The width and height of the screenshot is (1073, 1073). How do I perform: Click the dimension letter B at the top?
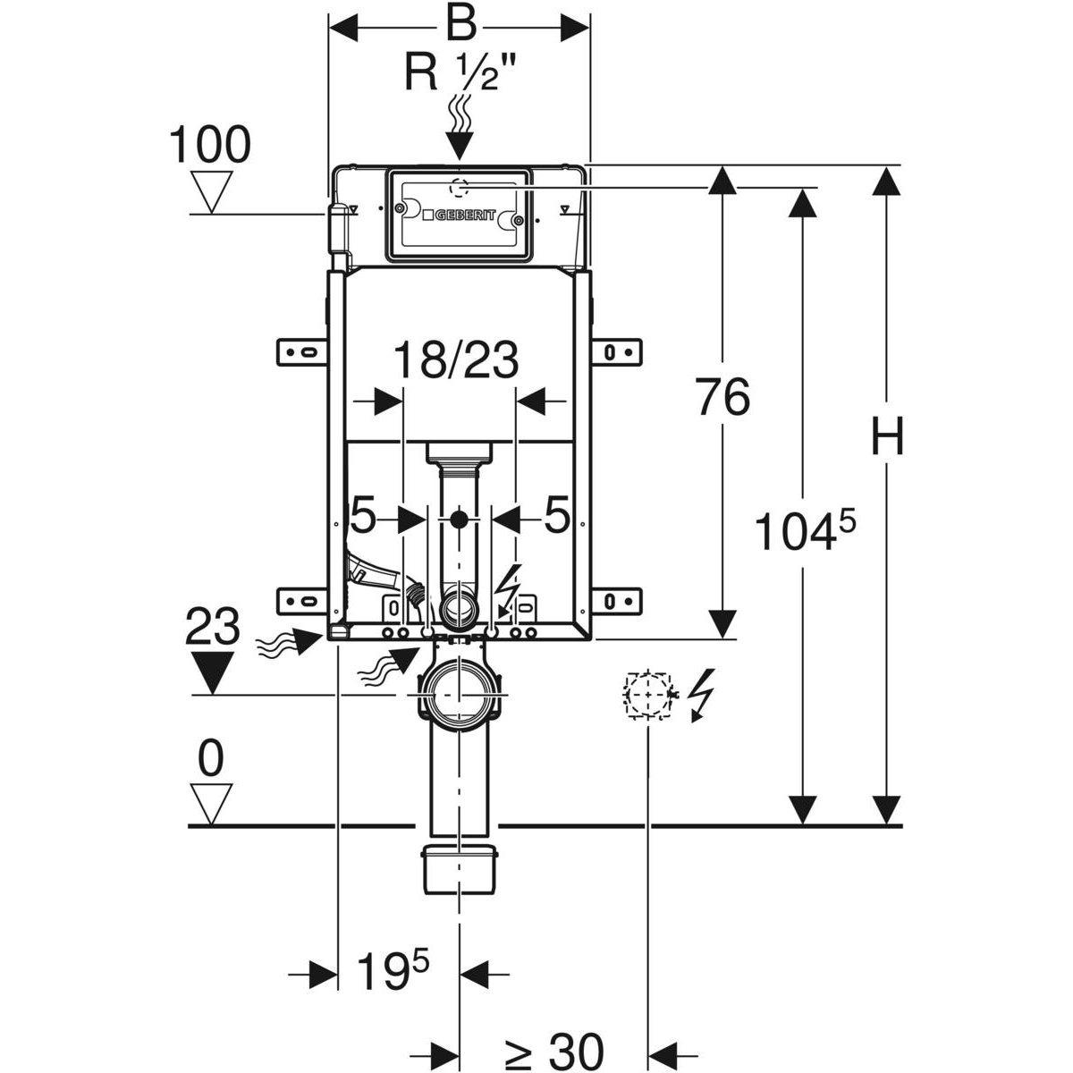pos(460,25)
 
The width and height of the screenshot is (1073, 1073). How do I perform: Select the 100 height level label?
pos(211,145)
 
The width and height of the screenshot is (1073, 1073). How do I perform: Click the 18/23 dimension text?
pos(456,361)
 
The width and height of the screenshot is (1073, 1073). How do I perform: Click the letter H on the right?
pos(887,438)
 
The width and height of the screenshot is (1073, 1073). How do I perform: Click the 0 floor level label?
pos(211,759)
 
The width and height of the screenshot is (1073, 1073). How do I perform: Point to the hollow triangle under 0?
pos(212,804)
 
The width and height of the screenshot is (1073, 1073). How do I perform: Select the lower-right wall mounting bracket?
pos(617,598)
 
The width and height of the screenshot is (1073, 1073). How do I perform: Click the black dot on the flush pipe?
pos(460,519)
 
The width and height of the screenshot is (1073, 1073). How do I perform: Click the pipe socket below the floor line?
pos(459,866)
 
